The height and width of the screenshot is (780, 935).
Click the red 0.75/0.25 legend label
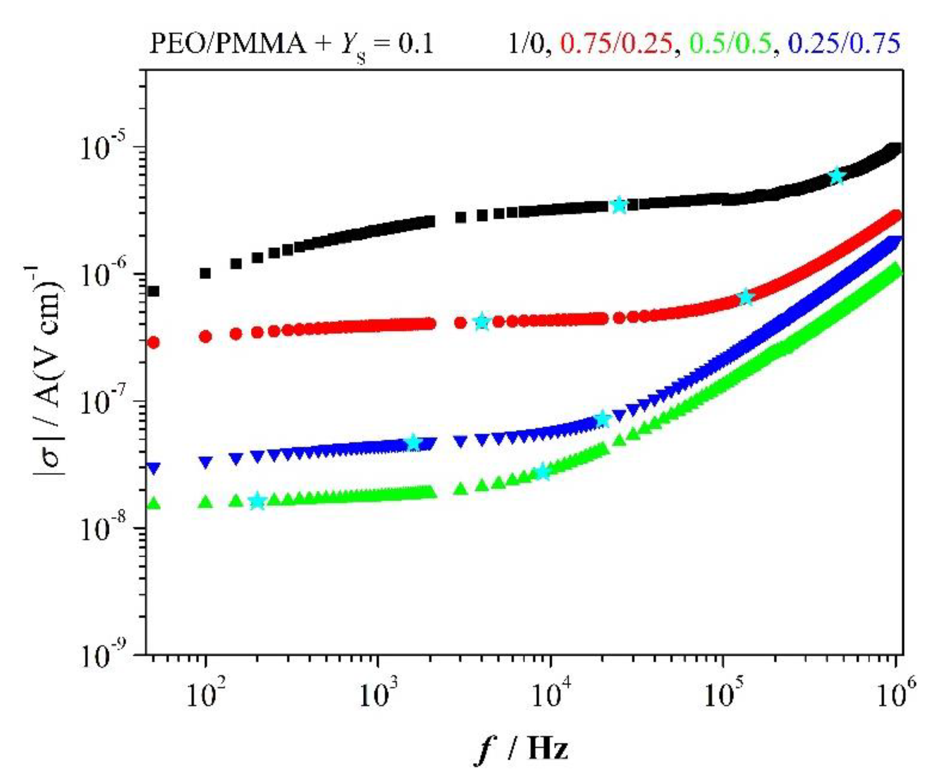click(616, 45)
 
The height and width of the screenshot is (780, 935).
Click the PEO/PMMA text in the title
click(227, 45)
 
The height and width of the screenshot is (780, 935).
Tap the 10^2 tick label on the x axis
click(205, 695)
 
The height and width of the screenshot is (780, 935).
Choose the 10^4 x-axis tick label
click(551, 695)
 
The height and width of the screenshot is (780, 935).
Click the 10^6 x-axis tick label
click(895, 695)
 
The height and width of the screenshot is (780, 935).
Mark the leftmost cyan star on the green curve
click(257, 502)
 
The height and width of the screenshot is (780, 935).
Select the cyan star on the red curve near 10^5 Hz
click(746, 297)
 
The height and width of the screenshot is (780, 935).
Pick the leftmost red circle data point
click(153, 342)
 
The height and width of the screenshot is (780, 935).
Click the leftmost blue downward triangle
click(153, 468)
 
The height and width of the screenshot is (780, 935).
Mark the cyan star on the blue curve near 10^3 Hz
click(414, 442)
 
